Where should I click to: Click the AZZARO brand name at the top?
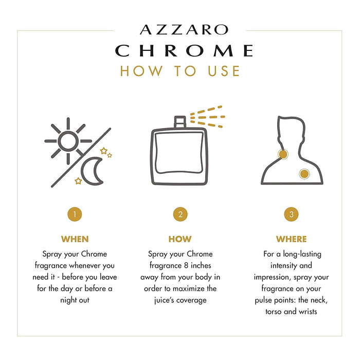tap(184, 30)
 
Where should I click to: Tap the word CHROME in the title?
tap(184, 50)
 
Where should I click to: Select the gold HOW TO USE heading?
tap(180, 71)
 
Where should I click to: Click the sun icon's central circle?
tap(68, 141)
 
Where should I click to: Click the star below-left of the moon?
tap(78, 181)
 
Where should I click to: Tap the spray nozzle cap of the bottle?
tap(180, 122)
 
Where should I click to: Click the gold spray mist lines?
tap(207, 117)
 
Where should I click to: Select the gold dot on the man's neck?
tap(283, 154)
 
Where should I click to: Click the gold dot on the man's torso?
tap(304, 174)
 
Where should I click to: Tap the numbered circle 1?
tap(75, 214)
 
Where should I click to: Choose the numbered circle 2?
tap(180, 214)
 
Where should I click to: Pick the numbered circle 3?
tap(292, 214)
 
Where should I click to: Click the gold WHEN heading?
tap(75, 239)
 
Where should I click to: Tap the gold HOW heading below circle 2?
tap(180, 239)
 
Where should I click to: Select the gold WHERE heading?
tap(292, 239)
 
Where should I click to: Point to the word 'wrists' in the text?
tap(308, 312)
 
